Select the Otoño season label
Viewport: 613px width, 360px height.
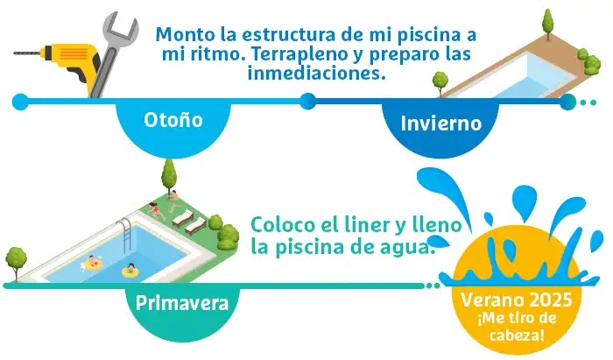[x=173, y=120]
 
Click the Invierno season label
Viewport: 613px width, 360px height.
[x=441, y=124]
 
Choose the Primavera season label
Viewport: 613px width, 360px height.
[x=182, y=303]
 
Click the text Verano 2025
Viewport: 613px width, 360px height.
[x=517, y=300]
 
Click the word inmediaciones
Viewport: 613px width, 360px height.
[x=317, y=73]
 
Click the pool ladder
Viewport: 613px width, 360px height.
[x=125, y=234]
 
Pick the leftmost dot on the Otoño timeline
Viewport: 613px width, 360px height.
[x=20, y=102]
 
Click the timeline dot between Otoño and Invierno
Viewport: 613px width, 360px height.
[x=308, y=102]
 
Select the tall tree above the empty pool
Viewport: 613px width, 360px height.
[x=548, y=23]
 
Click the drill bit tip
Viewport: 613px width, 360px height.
[x=15, y=53]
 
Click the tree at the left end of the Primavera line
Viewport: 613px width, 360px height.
[x=16, y=263]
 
